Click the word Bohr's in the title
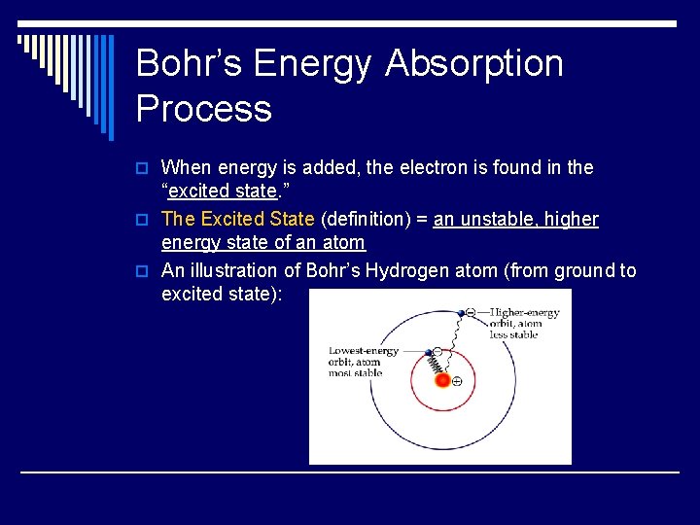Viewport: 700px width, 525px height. [185, 64]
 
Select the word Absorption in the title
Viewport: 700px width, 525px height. [473, 64]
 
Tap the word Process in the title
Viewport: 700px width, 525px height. [203, 108]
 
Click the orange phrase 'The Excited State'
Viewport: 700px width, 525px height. [237, 220]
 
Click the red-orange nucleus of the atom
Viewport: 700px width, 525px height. [442, 381]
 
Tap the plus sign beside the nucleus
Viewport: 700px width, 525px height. [457, 381]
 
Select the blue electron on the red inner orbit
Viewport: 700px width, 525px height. [427, 352]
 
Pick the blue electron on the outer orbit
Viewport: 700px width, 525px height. [461, 312]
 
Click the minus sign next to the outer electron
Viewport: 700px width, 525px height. [471, 313]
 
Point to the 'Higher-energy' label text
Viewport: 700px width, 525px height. [525, 313]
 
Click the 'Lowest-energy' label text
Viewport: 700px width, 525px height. [362, 351]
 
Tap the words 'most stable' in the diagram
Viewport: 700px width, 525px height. [356, 373]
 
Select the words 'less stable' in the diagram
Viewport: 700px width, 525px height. [514, 335]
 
